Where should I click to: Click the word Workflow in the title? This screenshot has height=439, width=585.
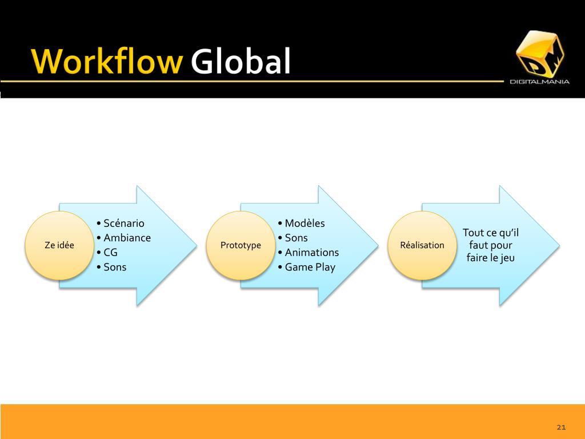click(x=107, y=62)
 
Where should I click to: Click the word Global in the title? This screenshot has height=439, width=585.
click(x=241, y=62)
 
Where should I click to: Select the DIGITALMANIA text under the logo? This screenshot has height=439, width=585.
click(x=539, y=82)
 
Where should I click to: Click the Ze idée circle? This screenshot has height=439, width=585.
click(x=59, y=245)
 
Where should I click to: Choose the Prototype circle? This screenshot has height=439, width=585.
click(x=241, y=245)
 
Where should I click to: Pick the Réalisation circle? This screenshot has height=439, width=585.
click(x=422, y=245)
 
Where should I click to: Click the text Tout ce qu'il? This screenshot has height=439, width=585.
click(x=491, y=233)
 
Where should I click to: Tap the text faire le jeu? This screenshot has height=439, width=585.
click(x=491, y=258)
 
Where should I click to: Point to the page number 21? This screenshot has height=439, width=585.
click(x=560, y=428)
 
